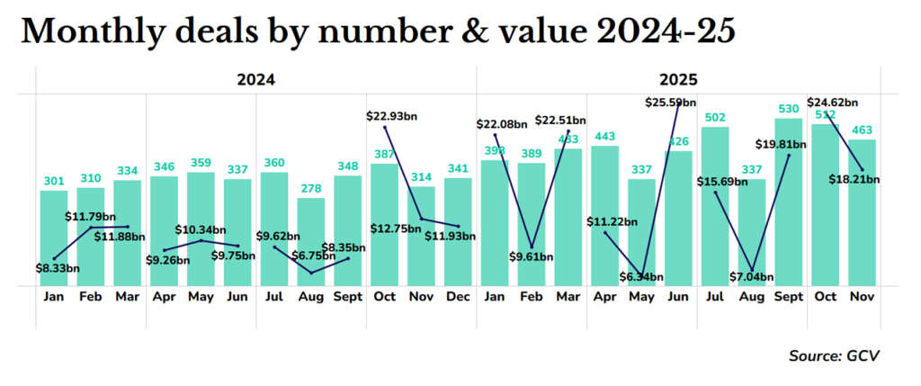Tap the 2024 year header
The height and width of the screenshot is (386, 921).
[255, 79]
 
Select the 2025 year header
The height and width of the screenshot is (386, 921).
[679, 79]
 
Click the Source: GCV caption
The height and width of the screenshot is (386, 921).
[834, 356]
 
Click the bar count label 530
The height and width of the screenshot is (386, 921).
[789, 109]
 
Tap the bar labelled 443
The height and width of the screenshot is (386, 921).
[604, 215]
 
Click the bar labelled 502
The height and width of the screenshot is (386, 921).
[715, 206]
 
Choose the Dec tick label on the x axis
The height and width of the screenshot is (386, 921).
[459, 298]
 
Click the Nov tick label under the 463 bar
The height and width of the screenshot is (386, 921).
[862, 298]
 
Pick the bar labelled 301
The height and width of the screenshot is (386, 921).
[54, 238]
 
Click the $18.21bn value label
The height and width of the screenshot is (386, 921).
[853, 179]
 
